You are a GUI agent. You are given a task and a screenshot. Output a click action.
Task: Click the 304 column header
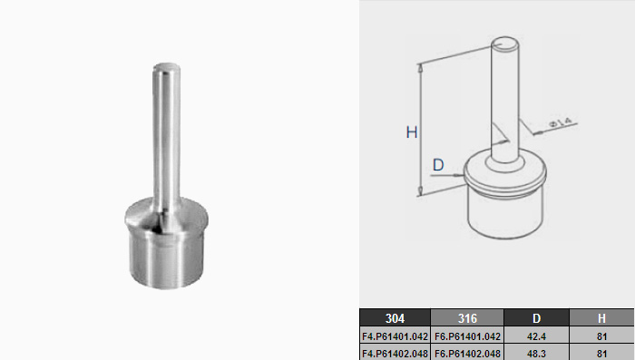click(395, 318)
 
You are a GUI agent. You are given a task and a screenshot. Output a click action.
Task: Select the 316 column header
click(467, 318)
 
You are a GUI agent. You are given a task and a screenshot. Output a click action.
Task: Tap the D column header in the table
click(537, 318)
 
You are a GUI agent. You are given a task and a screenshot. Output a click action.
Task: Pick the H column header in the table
click(601, 318)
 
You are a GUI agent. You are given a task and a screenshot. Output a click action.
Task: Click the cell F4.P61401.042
click(395, 336)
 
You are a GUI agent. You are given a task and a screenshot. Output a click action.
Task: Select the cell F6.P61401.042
click(467, 336)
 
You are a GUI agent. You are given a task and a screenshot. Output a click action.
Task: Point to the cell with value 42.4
click(537, 336)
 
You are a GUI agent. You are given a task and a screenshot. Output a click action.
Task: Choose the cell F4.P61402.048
click(395, 353)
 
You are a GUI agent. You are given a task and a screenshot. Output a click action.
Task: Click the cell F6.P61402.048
click(467, 353)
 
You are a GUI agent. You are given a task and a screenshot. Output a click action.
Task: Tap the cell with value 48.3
click(537, 353)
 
